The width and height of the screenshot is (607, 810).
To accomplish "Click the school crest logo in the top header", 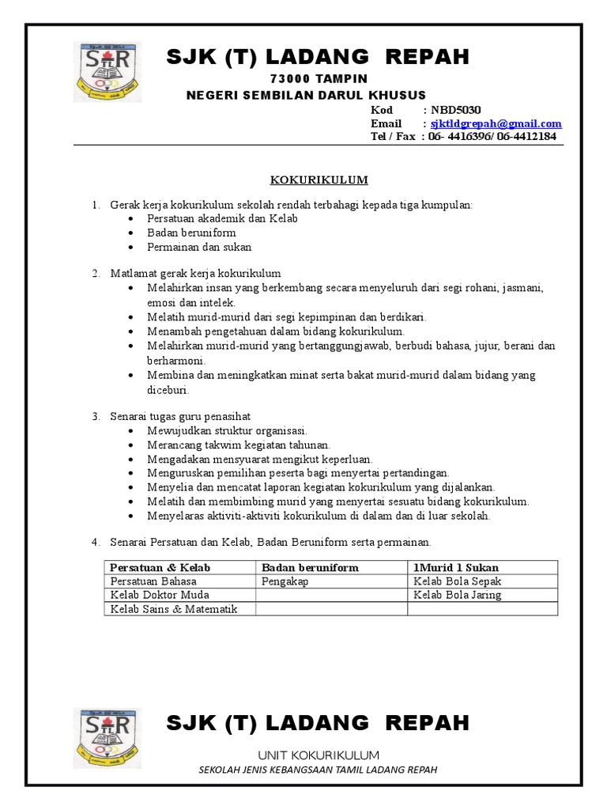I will (x=109, y=76).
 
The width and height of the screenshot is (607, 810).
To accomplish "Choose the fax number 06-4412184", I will (x=526, y=136).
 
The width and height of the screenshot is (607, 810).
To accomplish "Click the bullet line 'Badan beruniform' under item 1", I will (x=191, y=233).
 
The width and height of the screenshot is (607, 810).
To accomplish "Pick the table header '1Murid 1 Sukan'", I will (x=456, y=567).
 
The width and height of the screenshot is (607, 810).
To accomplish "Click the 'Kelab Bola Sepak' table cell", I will (x=458, y=581).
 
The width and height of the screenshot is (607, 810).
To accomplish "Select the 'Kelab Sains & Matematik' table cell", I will (x=174, y=608).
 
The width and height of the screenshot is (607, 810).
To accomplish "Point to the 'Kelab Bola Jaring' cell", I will (x=458, y=595).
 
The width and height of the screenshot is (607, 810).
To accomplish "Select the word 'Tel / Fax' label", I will (x=393, y=136).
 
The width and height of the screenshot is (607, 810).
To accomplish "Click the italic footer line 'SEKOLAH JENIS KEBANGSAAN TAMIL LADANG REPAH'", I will (x=319, y=770).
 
